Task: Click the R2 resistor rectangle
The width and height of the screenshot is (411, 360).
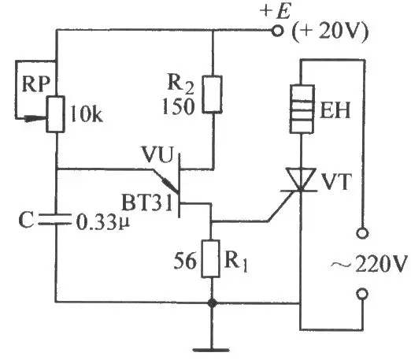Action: [213, 95]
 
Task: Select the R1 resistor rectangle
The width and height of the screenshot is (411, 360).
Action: [210, 258]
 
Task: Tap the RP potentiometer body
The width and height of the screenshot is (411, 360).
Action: [55, 114]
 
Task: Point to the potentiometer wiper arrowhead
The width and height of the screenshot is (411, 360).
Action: [35, 119]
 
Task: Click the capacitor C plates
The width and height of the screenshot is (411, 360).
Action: [55, 220]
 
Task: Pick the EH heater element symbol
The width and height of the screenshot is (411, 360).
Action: [302, 109]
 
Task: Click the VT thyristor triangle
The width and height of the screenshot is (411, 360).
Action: [301, 179]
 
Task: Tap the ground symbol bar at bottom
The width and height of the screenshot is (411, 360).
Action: [211, 350]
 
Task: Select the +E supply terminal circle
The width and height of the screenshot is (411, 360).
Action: [277, 31]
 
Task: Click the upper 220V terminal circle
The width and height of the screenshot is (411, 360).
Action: [362, 233]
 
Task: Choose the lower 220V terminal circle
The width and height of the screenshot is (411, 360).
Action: [362, 294]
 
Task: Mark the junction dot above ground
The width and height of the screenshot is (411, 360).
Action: [212, 303]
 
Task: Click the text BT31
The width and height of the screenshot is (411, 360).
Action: [147, 202]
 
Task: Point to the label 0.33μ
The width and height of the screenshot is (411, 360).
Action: [103, 223]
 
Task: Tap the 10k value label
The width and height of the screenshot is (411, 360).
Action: [87, 114]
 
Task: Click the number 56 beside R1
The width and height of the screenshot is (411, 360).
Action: [185, 261]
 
